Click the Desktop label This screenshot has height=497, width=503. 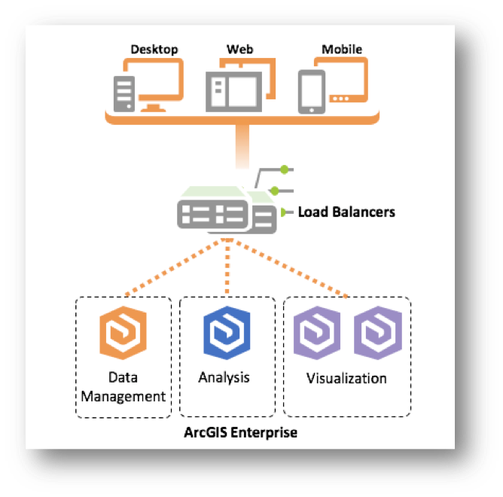click(x=154, y=50)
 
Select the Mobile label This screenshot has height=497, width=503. click(x=342, y=50)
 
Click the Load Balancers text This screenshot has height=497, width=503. click(x=346, y=212)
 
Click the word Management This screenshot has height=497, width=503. click(x=123, y=395)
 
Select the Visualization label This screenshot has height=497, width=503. click(x=346, y=378)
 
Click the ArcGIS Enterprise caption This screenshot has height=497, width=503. click(x=241, y=434)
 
